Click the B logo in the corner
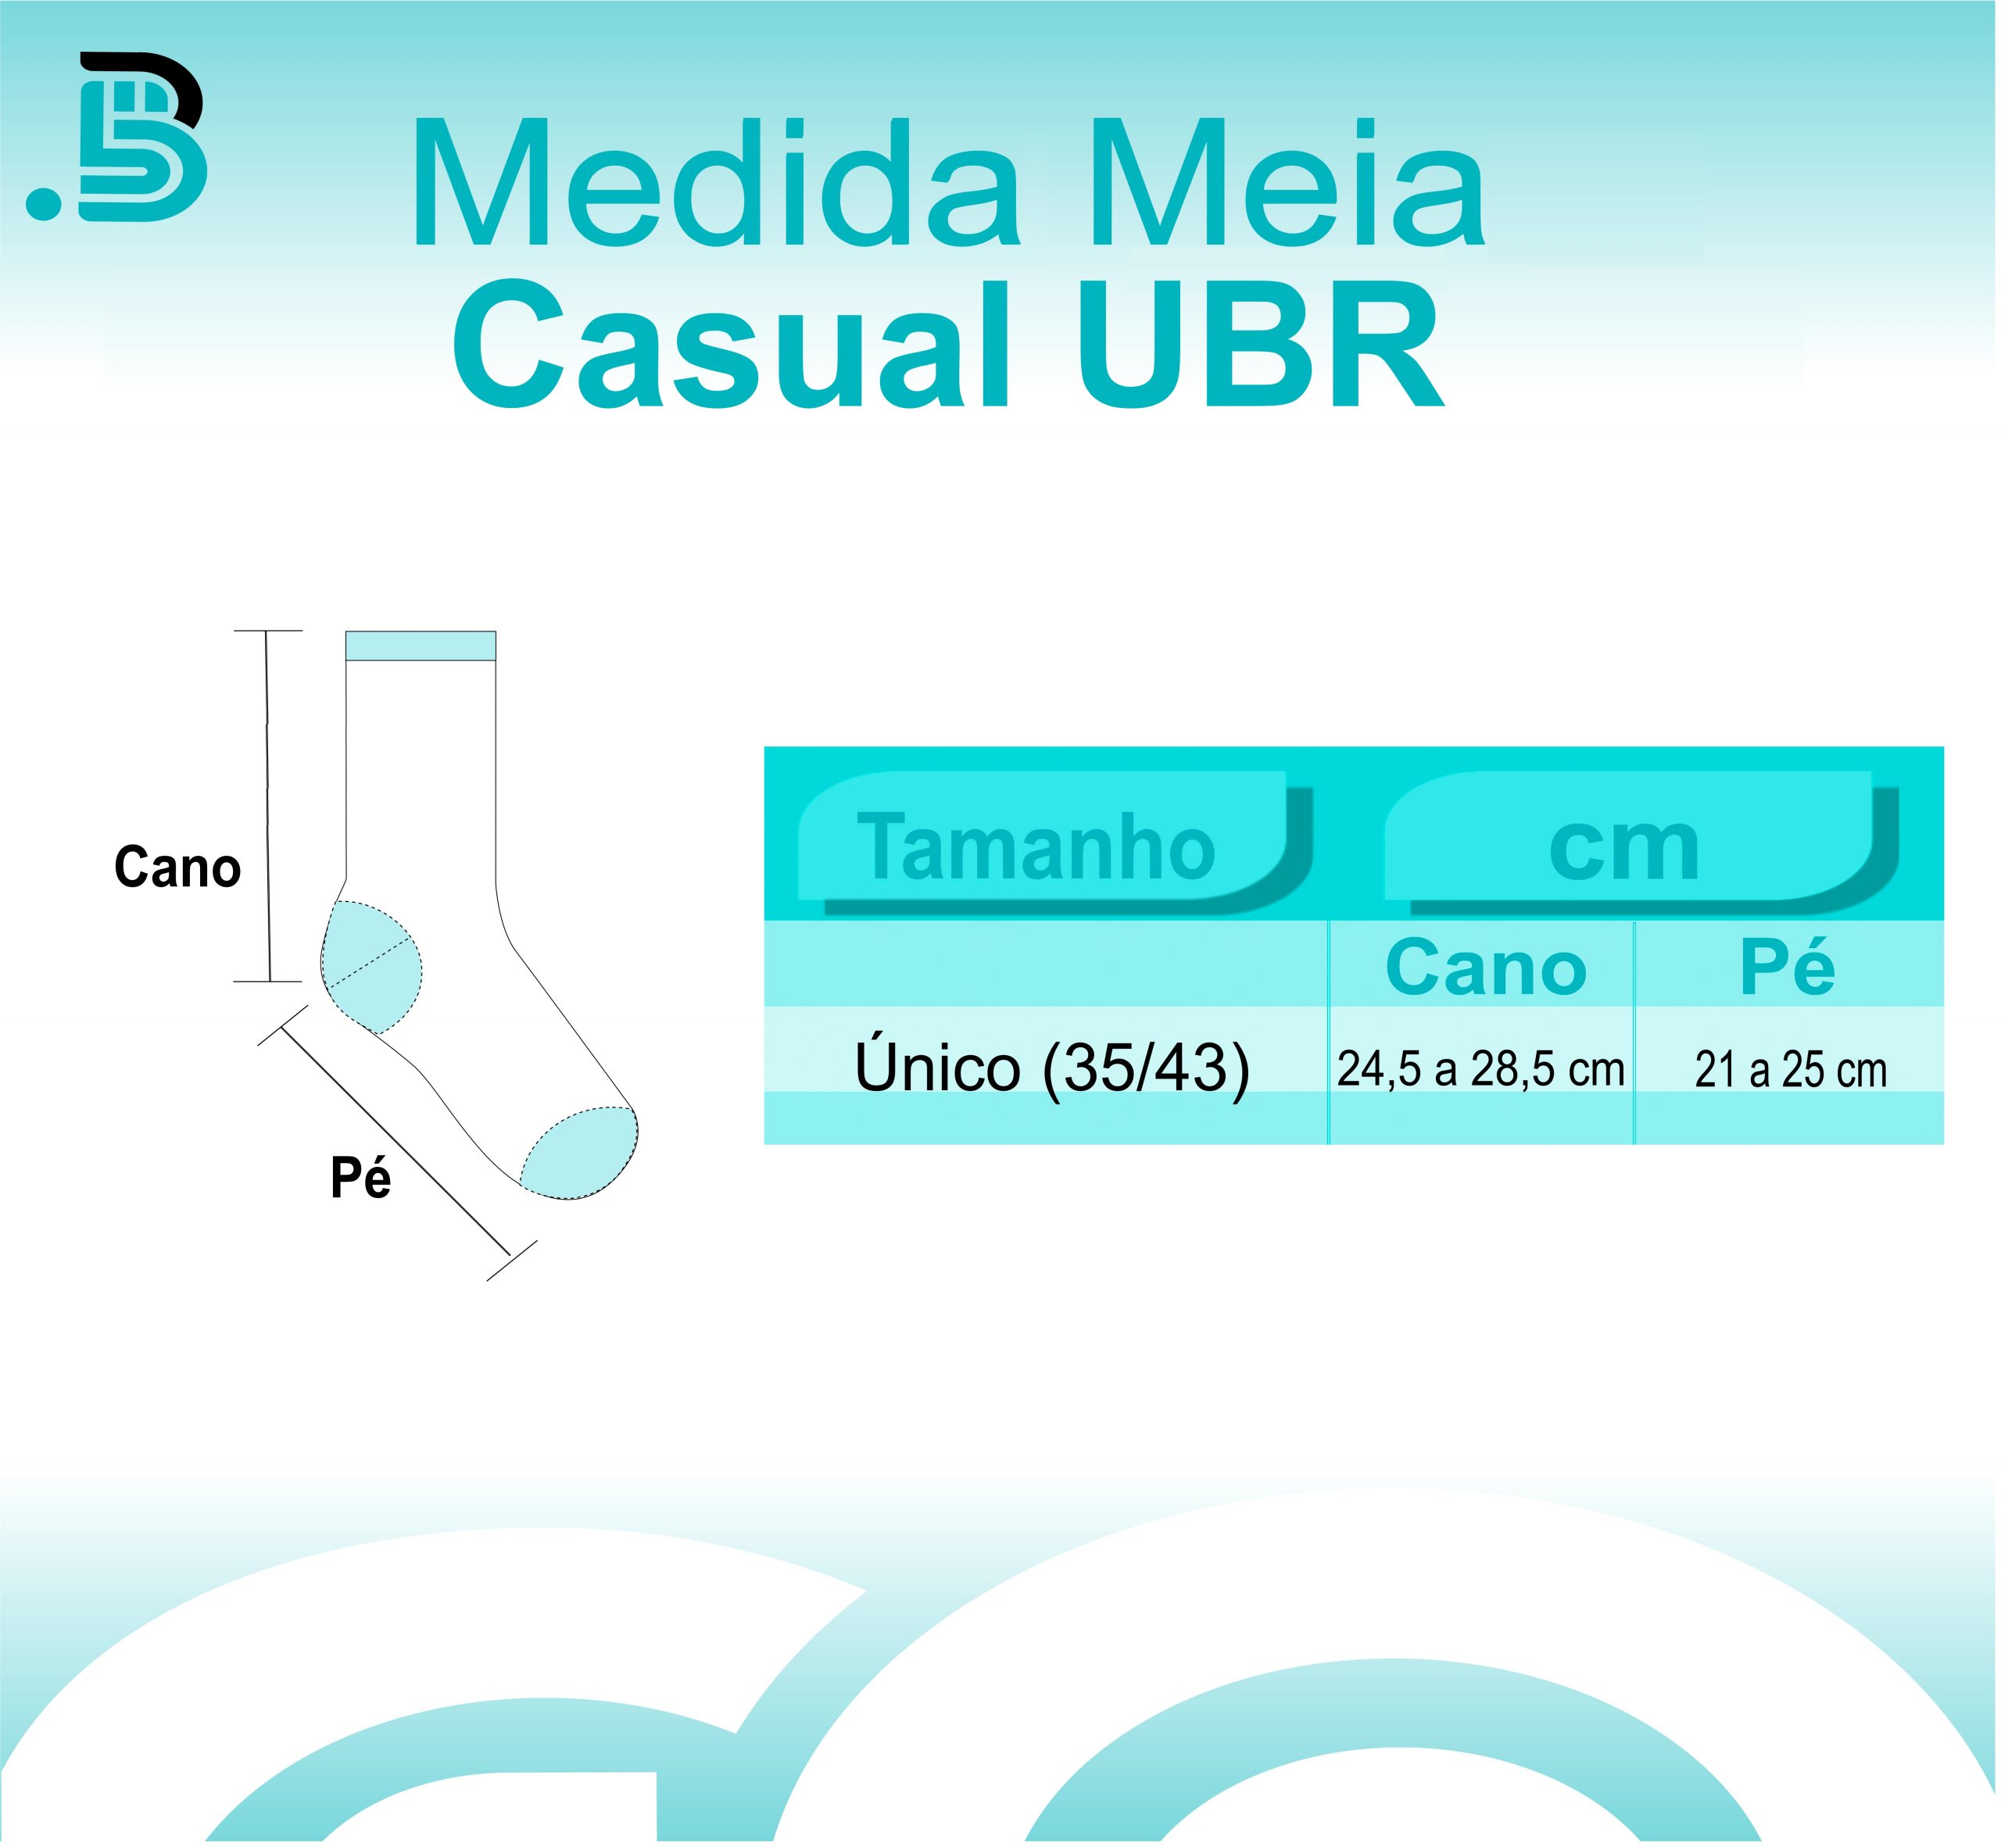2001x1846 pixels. click(141, 137)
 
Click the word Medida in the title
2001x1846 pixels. click(715, 182)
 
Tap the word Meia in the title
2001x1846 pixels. click(1289, 182)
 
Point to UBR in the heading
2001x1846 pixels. click(1261, 344)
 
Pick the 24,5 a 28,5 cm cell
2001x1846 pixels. click(1480, 1069)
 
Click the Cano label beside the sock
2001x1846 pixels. click(177, 867)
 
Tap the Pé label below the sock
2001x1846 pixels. click(360, 1178)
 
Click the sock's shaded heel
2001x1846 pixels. click(371, 967)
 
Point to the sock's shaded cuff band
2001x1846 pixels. click(421, 646)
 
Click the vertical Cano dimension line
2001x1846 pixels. click(268, 806)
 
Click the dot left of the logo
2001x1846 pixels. click(44, 202)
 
